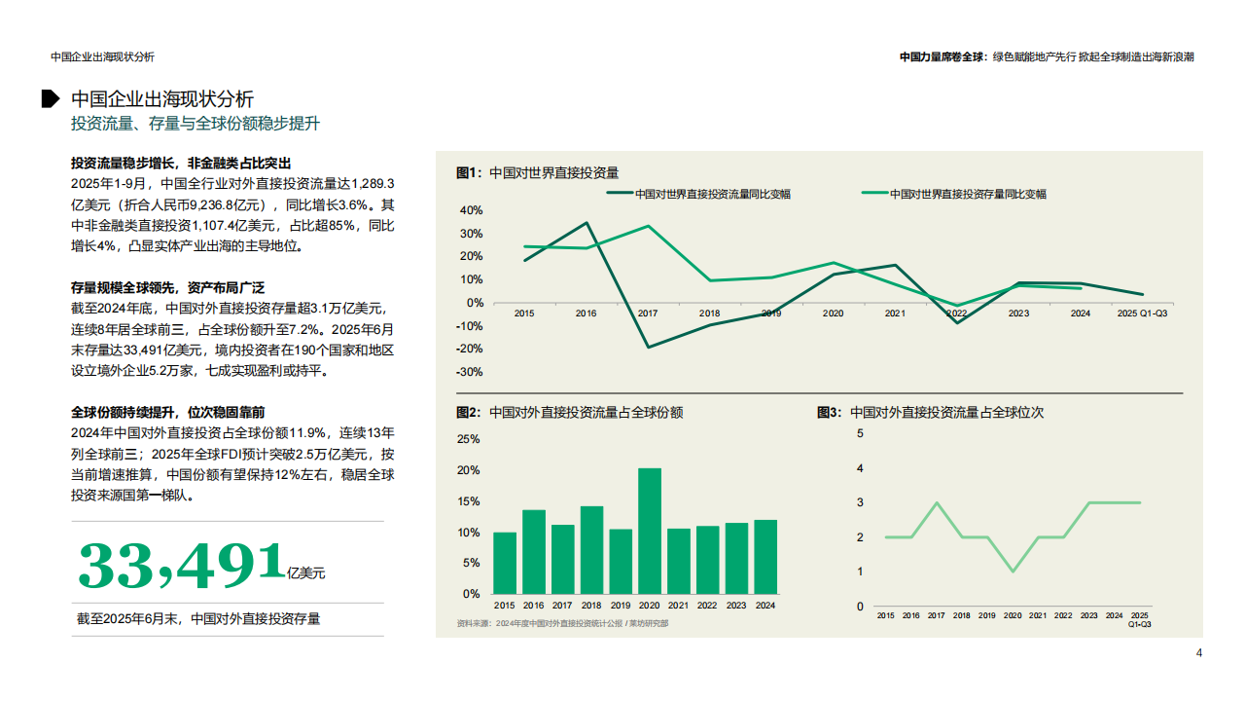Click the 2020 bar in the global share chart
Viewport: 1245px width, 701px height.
(x=650, y=532)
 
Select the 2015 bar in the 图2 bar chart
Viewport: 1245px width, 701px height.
(x=505, y=563)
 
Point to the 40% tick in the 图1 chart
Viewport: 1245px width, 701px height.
(x=471, y=210)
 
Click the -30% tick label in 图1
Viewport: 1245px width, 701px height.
(x=471, y=372)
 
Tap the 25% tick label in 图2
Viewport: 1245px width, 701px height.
(x=468, y=439)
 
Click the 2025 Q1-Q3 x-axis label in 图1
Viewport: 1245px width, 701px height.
(x=1143, y=314)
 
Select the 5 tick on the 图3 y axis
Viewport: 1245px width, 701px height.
(x=860, y=433)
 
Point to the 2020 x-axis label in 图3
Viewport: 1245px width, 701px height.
(x=1013, y=615)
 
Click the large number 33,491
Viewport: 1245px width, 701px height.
(x=181, y=566)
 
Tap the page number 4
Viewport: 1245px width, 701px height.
(x=1198, y=652)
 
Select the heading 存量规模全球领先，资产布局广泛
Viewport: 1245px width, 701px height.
(x=168, y=287)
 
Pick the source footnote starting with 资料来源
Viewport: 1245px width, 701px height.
(x=562, y=623)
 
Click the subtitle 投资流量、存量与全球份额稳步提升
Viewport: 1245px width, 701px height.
(x=196, y=124)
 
